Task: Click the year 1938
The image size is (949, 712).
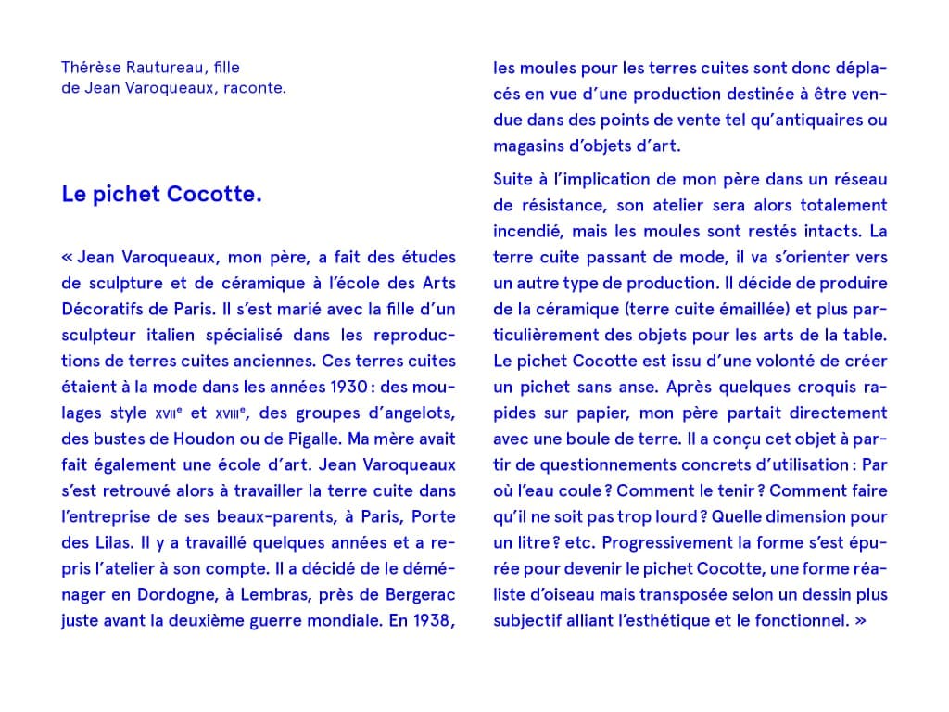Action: tap(433, 620)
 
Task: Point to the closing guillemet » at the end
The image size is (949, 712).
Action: tap(859, 620)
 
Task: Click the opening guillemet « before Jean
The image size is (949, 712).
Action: tap(67, 257)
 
